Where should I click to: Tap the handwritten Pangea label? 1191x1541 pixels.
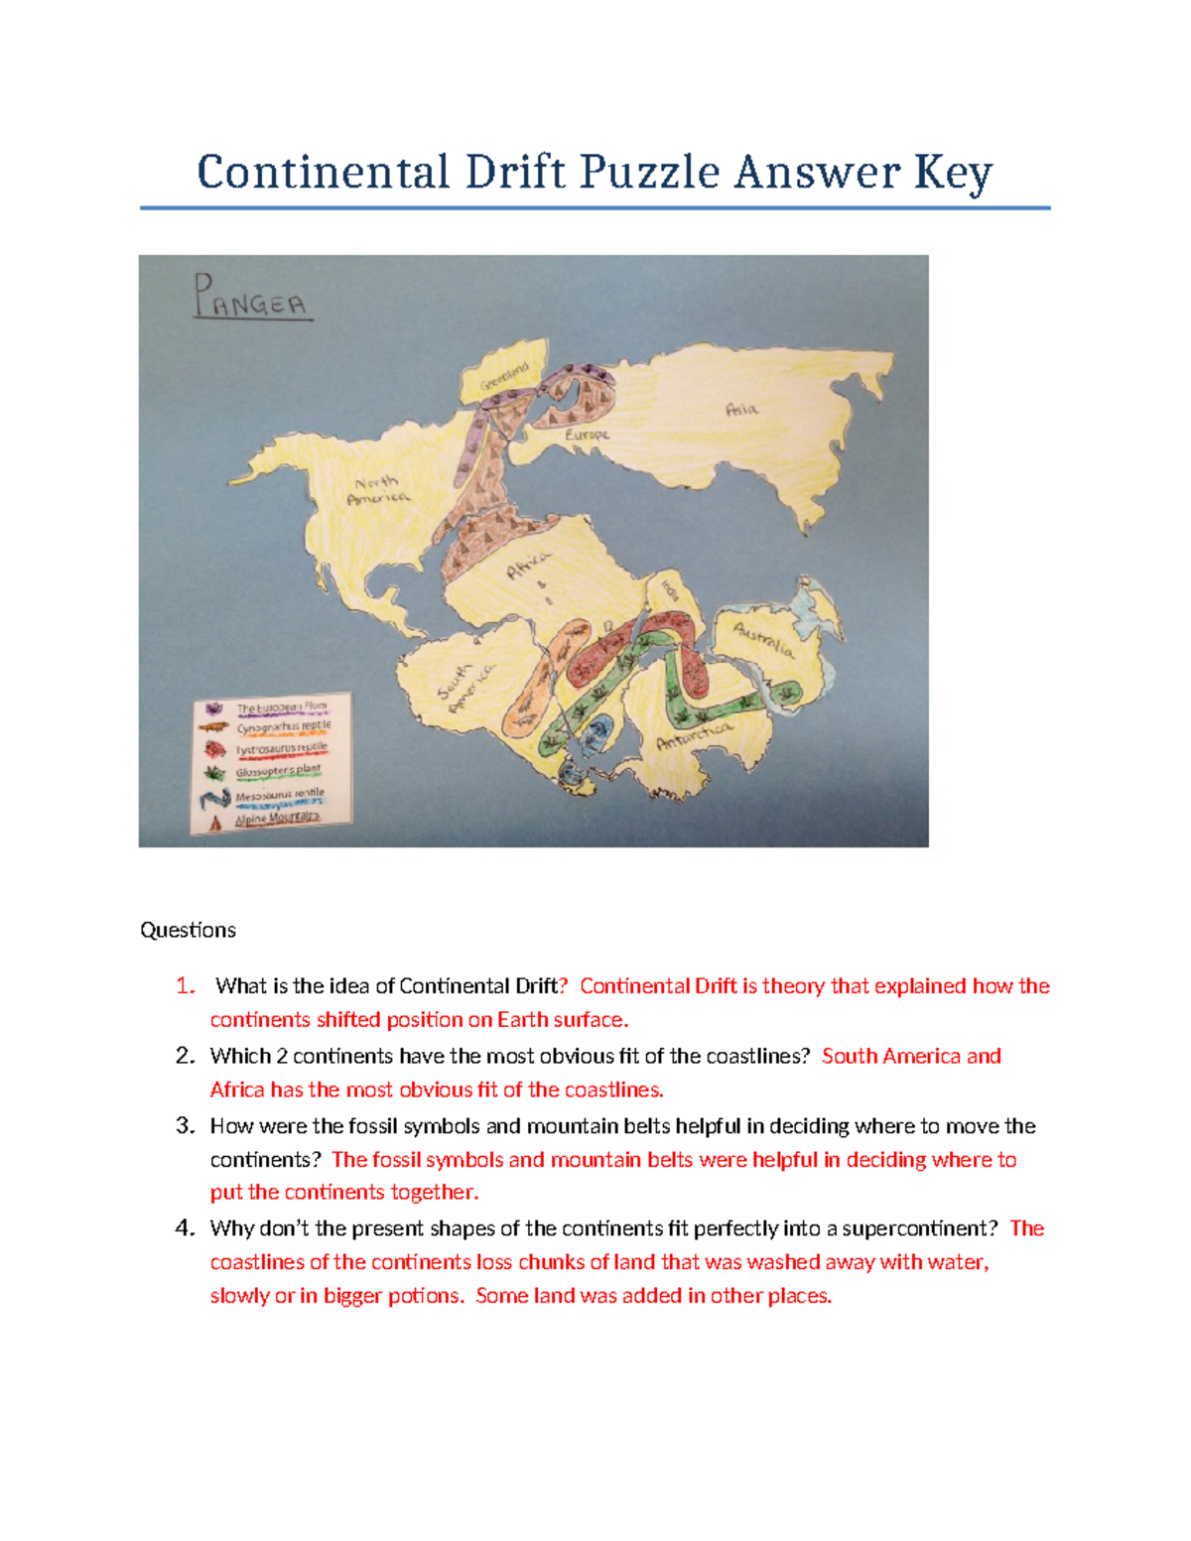(251, 298)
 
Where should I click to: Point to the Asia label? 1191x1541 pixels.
(741, 409)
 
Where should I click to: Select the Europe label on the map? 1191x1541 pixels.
(587, 435)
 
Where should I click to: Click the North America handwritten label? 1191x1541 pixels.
(377, 490)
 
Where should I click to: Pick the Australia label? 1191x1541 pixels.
(763, 640)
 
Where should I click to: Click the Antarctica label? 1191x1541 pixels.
(694, 735)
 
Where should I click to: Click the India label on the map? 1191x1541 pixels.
(670, 592)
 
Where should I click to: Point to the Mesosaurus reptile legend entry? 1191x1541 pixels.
(279, 795)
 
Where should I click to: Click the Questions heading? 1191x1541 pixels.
(188, 930)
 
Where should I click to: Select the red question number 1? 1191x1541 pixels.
(185, 986)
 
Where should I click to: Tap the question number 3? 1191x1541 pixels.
(184, 1125)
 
